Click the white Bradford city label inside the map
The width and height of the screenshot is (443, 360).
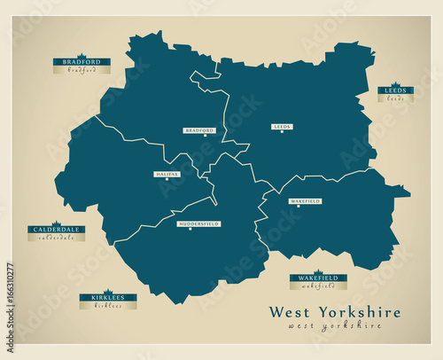coord(199,130)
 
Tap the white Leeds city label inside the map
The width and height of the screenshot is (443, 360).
coord(282,127)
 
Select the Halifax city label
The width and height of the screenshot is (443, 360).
coord(167,174)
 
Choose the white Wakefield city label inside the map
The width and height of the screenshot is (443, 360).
coord(305,201)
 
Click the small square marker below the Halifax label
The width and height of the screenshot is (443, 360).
coord(167,182)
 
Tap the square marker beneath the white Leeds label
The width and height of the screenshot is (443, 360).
coord(282,135)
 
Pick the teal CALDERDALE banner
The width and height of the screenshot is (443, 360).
coord(56,229)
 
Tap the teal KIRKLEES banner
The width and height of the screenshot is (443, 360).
coord(108,297)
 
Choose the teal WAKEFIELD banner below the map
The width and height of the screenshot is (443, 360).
coord(318,278)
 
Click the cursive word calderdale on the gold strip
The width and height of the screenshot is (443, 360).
coord(56,237)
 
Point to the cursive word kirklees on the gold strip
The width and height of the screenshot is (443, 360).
coord(108,305)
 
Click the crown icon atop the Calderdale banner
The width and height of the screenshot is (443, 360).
coord(56,223)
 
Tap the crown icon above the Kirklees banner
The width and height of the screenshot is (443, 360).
coord(108,291)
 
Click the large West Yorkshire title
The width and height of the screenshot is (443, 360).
coord(334,312)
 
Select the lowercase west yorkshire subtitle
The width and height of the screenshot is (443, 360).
coord(334,326)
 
